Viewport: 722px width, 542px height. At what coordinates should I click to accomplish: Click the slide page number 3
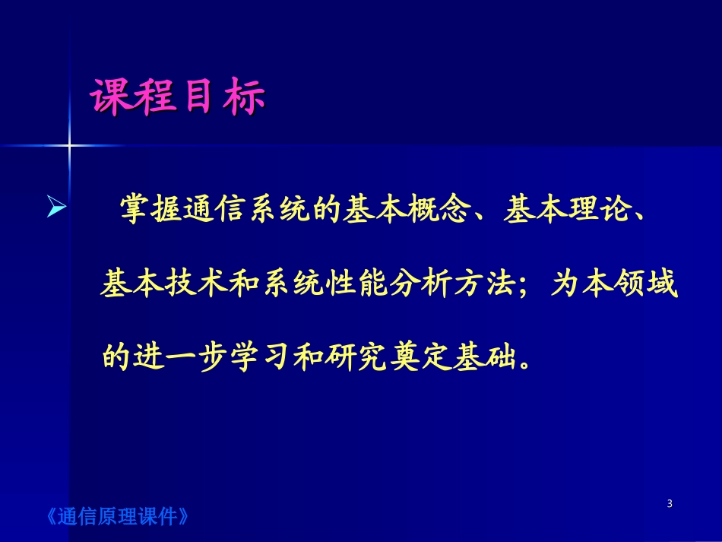tap(669, 503)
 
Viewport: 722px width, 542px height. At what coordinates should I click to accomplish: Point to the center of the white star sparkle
tap(69, 144)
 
